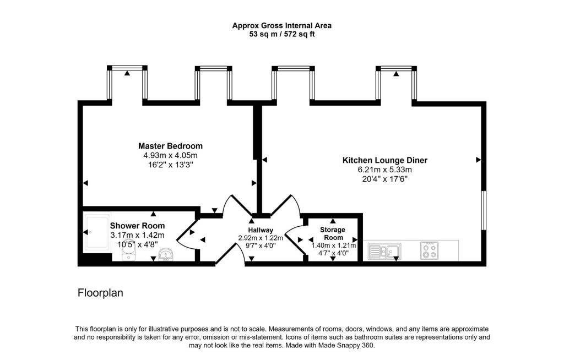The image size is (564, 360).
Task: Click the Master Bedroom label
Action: pyautogui.click(x=170, y=146)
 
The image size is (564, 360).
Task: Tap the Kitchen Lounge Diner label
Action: pyautogui.click(x=385, y=160)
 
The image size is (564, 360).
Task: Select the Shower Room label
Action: pyautogui.click(x=137, y=226)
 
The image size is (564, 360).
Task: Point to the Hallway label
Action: pyautogui.click(x=261, y=230)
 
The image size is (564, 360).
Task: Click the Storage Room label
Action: pyautogui.click(x=333, y=233)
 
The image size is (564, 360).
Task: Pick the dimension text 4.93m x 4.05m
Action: pyautogui.click(x=170, y=155)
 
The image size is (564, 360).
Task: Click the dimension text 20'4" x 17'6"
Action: pyautogui.click(x=385, y=178)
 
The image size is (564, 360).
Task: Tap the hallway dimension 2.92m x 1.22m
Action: pyautogui.click(x=261, y=238)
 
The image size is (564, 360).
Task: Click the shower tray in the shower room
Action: pyautogui.click(x=97, y=232)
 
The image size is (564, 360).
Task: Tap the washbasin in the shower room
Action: pyautogui.click(x=165, y=254)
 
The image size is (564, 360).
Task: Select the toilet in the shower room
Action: pyautogui.click(x=128, y=254)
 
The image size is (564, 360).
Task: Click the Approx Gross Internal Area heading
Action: pyautogui.click(x=281, y=25)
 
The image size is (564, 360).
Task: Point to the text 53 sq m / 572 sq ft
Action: pyautogui.click(x=281, y=34)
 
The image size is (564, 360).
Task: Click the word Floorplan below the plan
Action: pyautogui.click(x=100, y=293)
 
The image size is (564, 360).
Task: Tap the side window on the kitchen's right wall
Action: pyautogui.click(x=483, y=210)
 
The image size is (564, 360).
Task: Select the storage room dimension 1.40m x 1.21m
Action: pyautogui.click(x=333, y=246)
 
